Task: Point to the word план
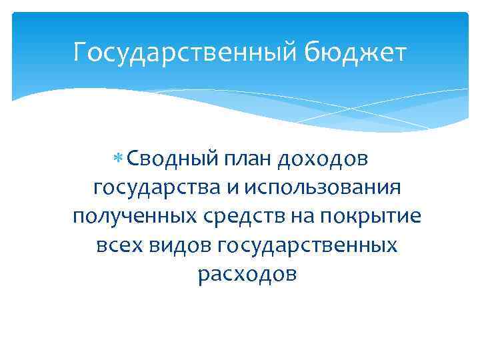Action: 231,159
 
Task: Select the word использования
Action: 323,189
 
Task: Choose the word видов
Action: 180,246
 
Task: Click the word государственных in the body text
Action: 308,246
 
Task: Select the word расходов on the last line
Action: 247,275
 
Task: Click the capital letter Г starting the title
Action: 81,52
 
